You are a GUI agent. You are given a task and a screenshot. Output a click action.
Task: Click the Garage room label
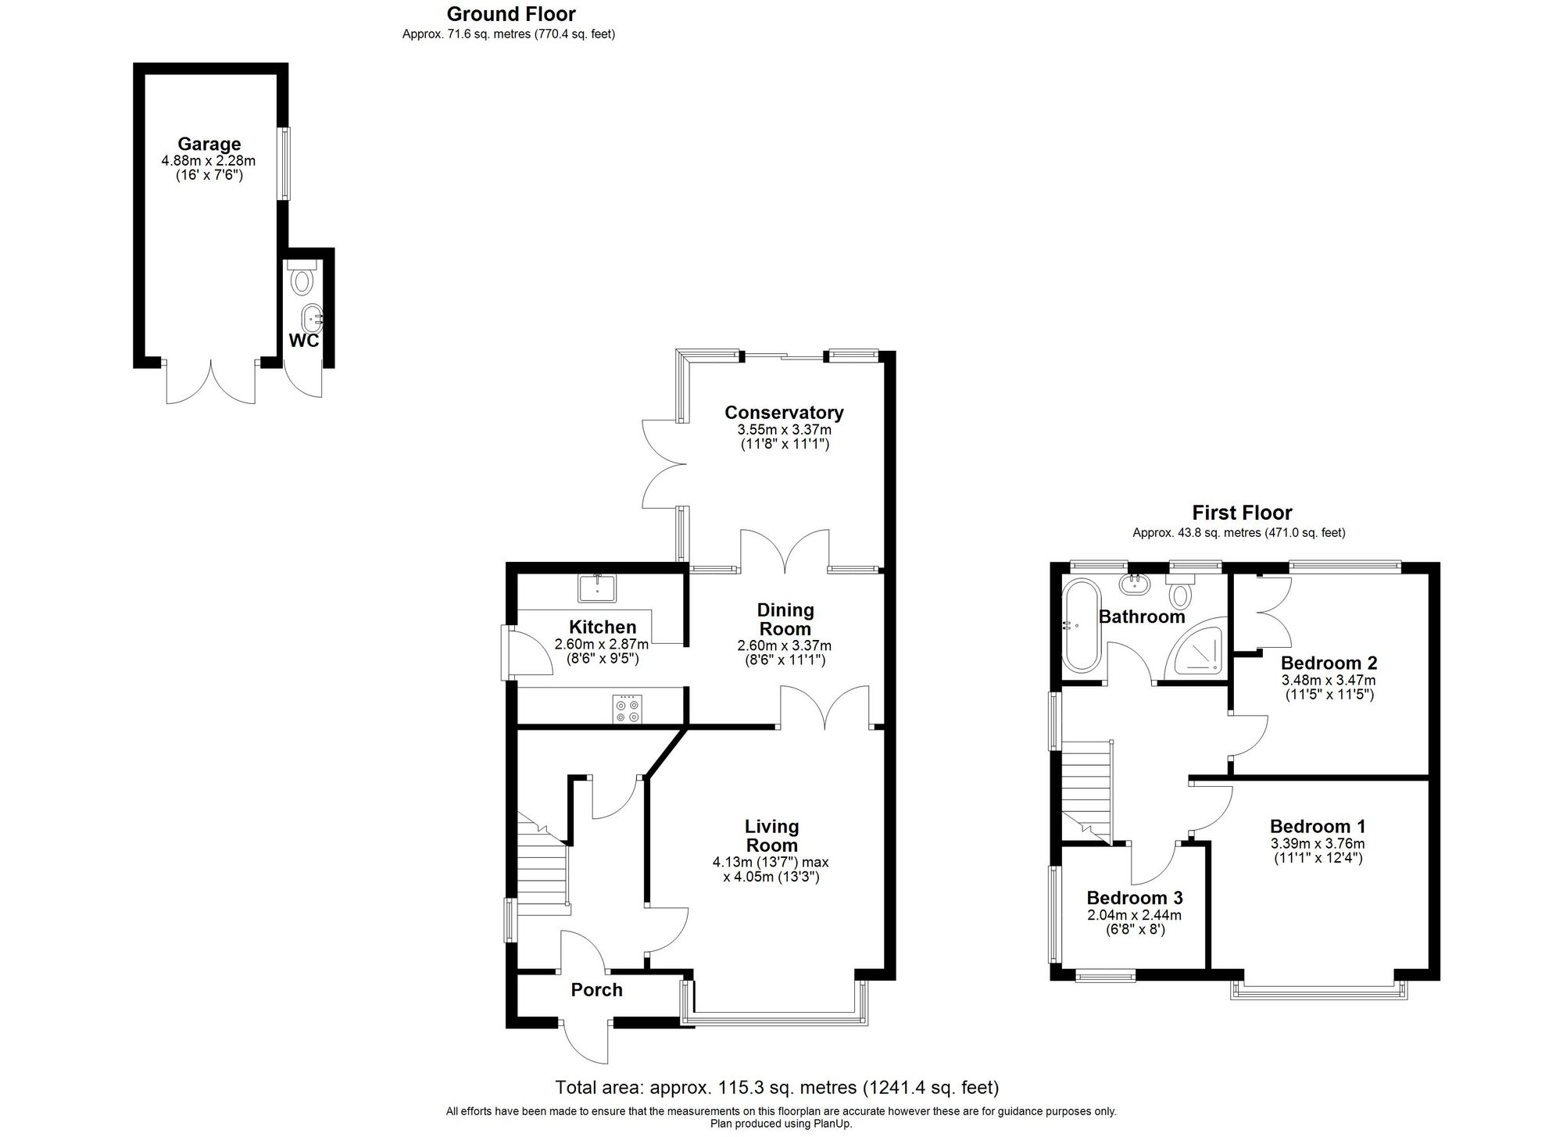[x=209, y=144]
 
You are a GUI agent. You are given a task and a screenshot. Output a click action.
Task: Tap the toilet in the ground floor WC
[x=302, y=278]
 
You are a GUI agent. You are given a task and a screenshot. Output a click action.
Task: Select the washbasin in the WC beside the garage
[x=313, y=317]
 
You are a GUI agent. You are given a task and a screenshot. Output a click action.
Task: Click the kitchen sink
[x=597, y=588]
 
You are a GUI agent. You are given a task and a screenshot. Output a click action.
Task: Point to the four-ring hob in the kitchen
[x=628, y=708]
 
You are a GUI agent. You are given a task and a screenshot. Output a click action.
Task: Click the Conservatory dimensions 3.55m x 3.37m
[x=784, y=430]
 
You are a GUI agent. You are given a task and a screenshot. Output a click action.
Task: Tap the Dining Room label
[x=785, y=619]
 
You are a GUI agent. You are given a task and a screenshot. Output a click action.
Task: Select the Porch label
[x=596, y=990]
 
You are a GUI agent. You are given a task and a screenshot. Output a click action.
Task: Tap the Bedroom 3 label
[x=1134, y=898]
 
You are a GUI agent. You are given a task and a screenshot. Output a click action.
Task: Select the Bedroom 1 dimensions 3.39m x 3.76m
[x=1318, y=844]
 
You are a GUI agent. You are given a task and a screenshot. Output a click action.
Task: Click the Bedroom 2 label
[x=1329, y=663]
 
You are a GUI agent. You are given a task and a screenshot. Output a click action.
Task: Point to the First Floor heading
[x=1241, y=513]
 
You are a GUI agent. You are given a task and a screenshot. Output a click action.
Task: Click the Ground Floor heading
[x=511, y=14]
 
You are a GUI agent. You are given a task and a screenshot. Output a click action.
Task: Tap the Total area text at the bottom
[x=777, y=1087]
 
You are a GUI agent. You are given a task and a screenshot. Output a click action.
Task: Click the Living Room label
[x=771, y=835]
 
